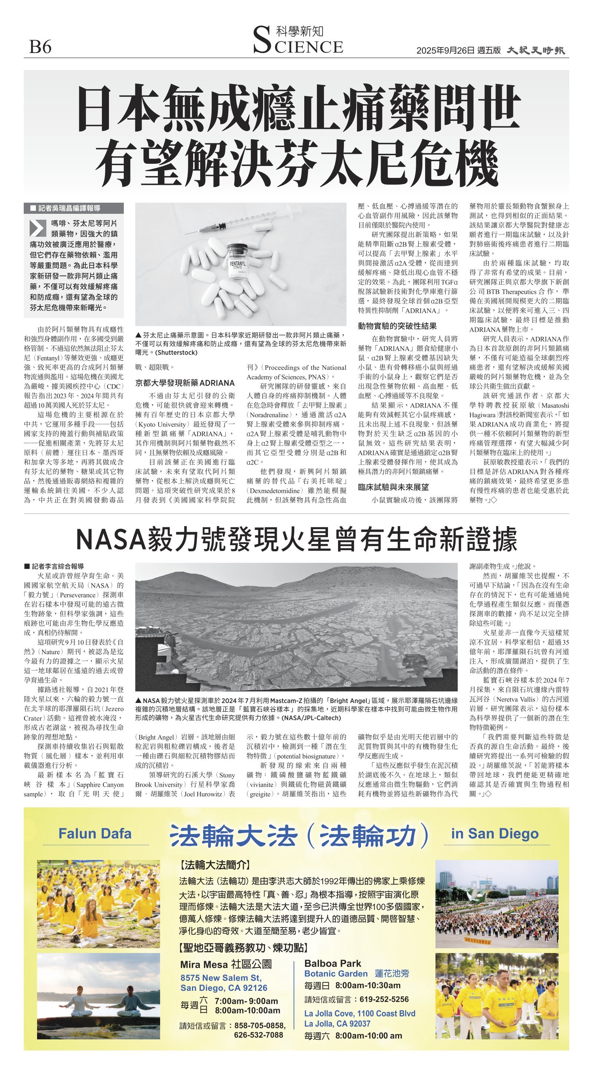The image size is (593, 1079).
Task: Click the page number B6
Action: [x=40, y=46]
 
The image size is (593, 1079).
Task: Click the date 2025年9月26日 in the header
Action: [x=445, y=51]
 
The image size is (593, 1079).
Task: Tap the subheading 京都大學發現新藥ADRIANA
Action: [x=185, y=383]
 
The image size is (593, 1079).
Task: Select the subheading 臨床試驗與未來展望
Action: [x=393, y=487]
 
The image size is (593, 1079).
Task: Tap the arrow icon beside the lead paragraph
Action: [x=38, y=228]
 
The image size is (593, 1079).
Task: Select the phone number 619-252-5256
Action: [x=384, y=999]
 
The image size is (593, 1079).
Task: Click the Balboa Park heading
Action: [x=333, y=963]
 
